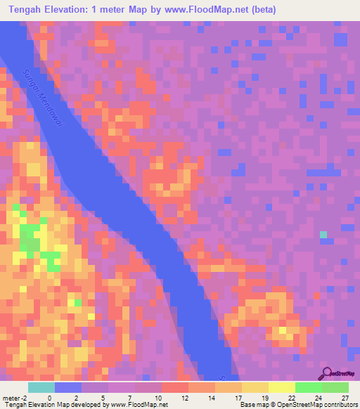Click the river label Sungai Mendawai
click(x=43, y=98)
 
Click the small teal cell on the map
click(x=323, y=235)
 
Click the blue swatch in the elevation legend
click(x=67, y=387)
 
